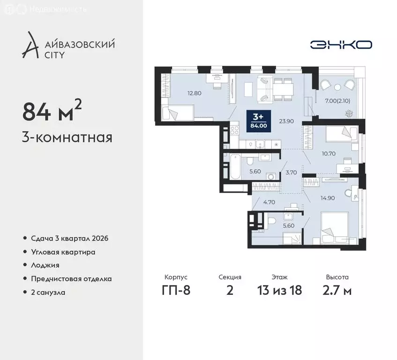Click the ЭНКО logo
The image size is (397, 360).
[341, 45]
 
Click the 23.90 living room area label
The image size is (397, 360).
[286, 120]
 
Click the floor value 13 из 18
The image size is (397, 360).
[280, 290]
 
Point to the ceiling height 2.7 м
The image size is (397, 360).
[337, 290]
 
